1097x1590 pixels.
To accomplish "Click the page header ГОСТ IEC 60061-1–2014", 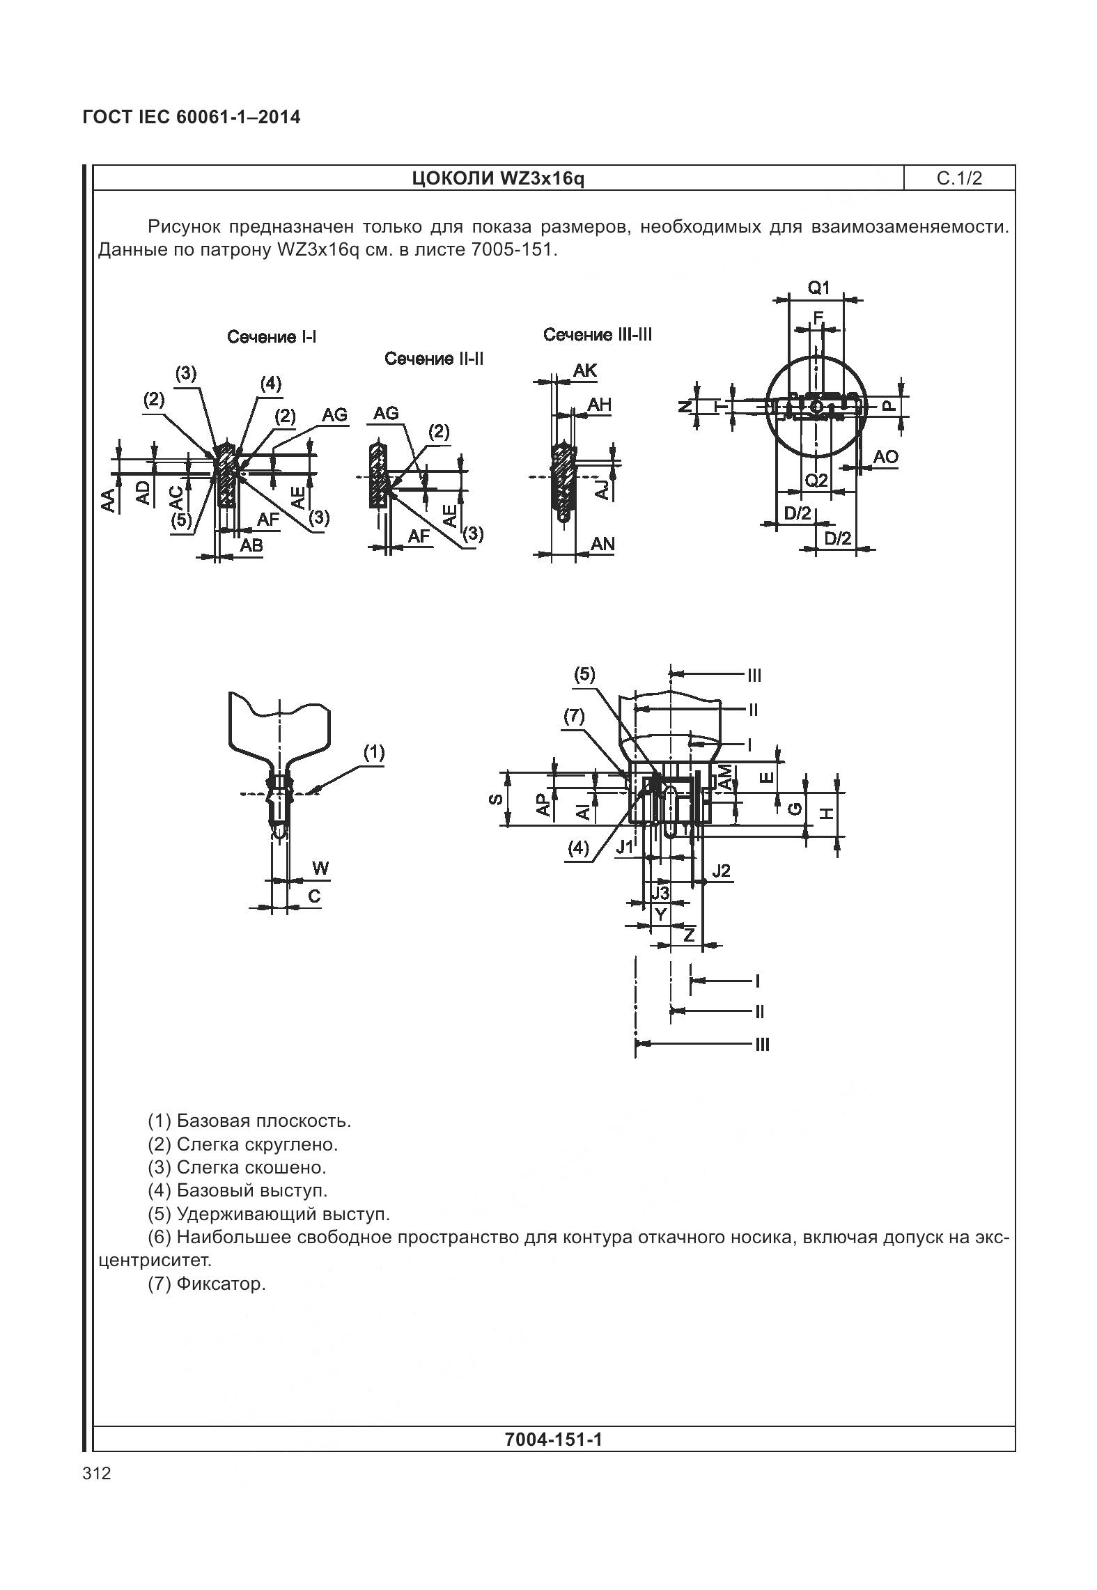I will [x=192, y=117].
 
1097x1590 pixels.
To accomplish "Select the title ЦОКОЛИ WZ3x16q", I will [x=498, y=179].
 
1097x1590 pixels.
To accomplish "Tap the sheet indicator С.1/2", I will [x=959, y=179].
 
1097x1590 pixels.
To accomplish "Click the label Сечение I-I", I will [x=272, y=337].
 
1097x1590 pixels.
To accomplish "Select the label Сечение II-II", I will [x=434, y=359].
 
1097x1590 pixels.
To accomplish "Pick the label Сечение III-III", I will [x=598, y=335].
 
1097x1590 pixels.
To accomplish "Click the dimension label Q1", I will [x=818, y=288].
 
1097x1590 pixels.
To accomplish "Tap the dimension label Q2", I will [x=816, y=480].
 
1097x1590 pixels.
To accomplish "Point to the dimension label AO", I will [x=885, y=458].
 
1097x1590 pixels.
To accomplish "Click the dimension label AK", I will [x=585, y=371].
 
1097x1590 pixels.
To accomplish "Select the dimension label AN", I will [x=602, y=544].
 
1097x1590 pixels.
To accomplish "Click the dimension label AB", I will [x=251, y=545].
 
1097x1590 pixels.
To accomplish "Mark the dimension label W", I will [x=320, y=868].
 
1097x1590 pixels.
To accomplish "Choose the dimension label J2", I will [x=721, y=871].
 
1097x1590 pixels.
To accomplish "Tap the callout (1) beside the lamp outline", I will [x=374, y=752].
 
